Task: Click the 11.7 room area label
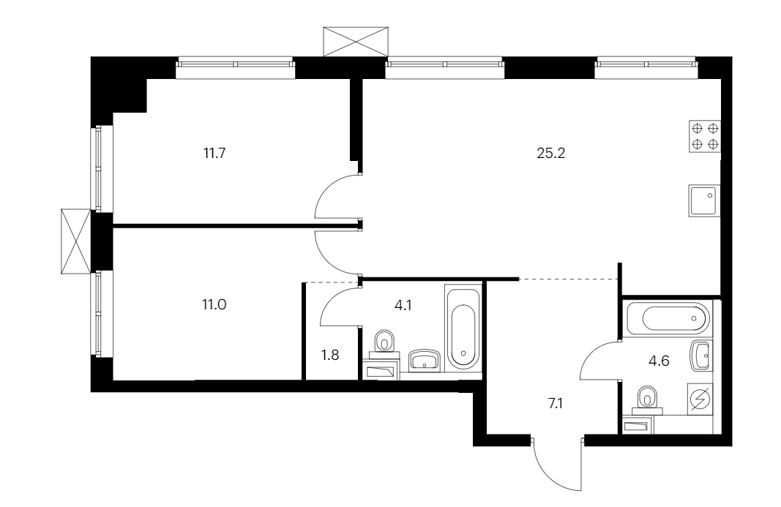pos(214,153)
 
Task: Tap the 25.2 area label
pos(551,154)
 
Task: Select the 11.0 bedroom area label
pos(214,304)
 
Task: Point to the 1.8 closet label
pos(330,355)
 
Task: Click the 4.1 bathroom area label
pos(403,305)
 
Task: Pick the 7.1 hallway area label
pos(556,403)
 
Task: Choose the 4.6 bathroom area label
pos(659,361)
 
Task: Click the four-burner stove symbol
pos(705,137)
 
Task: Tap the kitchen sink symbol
pos(705,200)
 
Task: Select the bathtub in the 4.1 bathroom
pos(463,328)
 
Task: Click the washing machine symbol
pos(700,399)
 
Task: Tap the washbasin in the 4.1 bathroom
pos(425,361)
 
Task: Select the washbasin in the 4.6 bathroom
pos(700,356)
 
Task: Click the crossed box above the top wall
pos(355,42)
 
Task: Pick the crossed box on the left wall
pos(75,241)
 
